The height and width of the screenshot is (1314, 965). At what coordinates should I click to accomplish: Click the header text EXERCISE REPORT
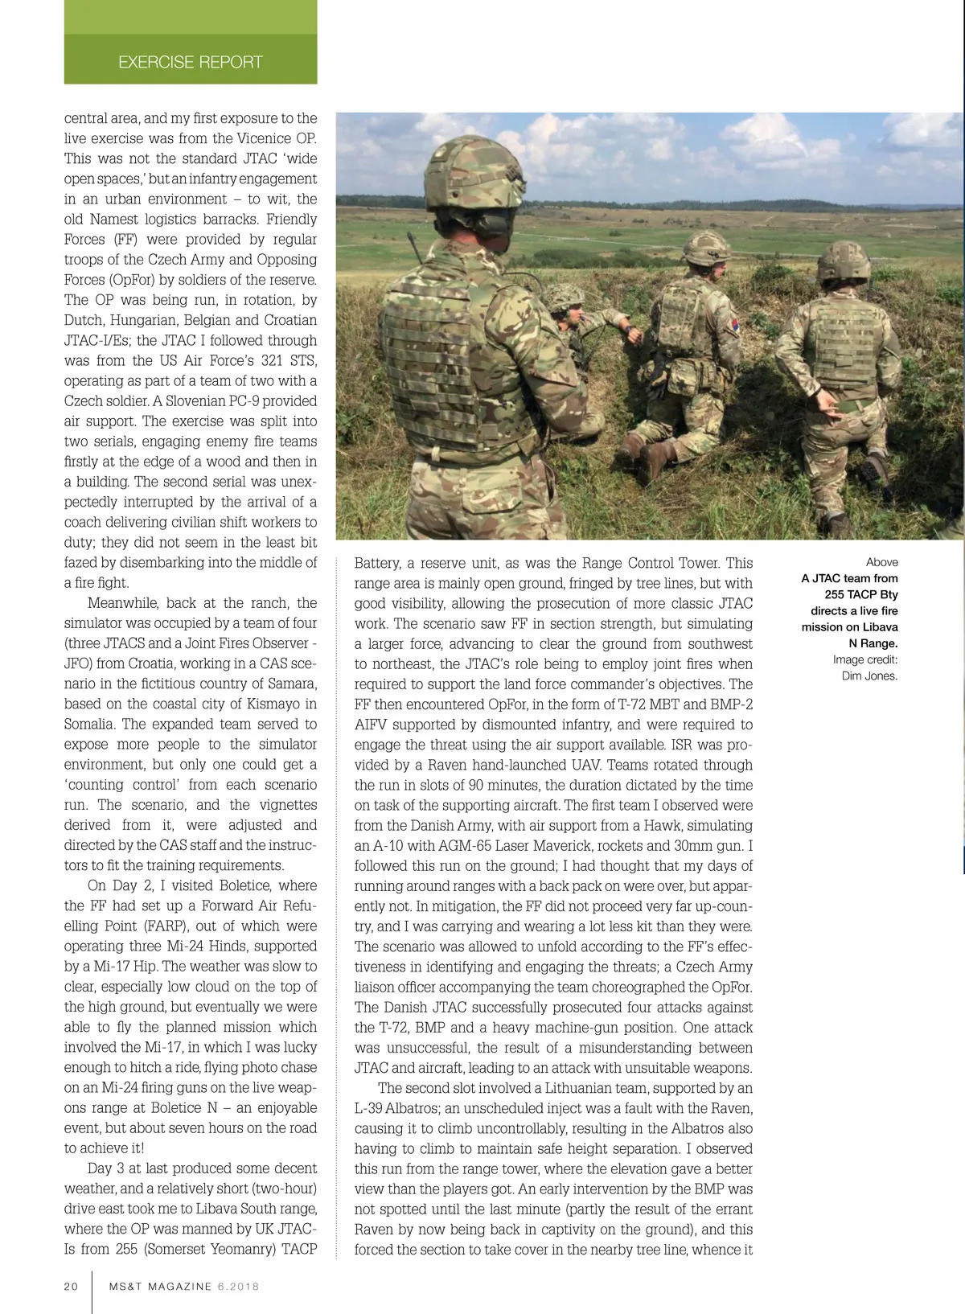coord(190,62)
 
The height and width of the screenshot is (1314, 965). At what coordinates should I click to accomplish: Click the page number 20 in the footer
coord(72,1286)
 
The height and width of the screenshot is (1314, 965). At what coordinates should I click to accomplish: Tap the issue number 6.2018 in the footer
coord(238,1286)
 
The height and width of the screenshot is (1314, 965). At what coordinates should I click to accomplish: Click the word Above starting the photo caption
coord(882,562)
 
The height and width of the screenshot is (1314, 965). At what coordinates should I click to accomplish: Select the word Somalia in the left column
coord(90,724)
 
